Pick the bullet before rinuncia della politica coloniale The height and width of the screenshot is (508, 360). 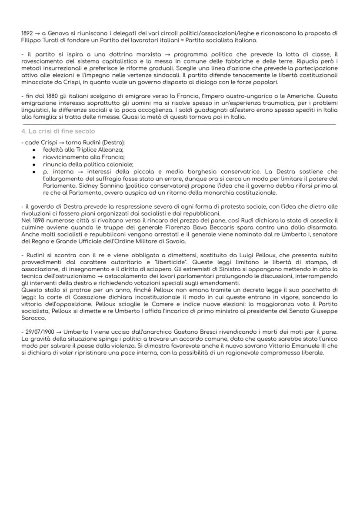34,164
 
